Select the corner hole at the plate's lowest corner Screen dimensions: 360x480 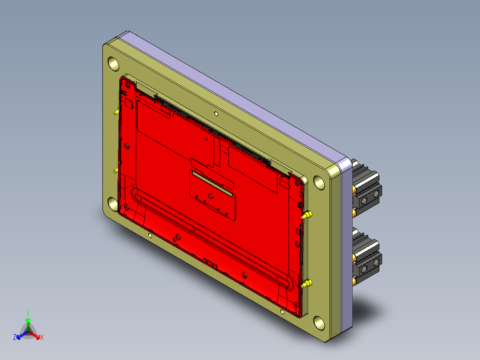point(318,322)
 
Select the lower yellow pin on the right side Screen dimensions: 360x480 point(306,283)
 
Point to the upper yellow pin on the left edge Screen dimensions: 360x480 point(116,113)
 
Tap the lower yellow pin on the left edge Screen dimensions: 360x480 point(116,170)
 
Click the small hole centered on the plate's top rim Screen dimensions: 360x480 point(216,114)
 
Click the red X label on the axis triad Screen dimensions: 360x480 point(42,338)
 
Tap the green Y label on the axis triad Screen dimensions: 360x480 point(28,313)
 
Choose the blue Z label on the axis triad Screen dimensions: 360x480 point(15,337)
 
